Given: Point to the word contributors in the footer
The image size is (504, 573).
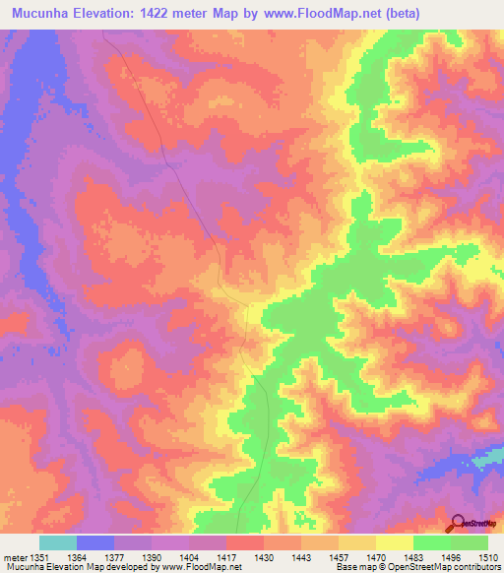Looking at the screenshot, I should tap(473, 568).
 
